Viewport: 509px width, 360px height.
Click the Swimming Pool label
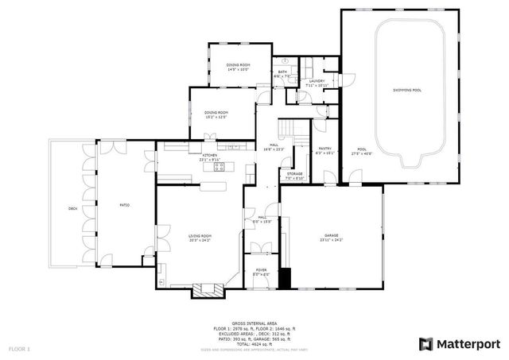[406, 91]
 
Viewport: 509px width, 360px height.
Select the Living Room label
[200, 236]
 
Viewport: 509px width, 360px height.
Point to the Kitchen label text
[210, 156]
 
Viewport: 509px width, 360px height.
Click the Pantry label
[325, 149]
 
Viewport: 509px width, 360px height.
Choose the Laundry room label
[316, 81]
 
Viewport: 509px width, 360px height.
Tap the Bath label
[282, 73]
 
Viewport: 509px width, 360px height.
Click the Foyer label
[260, 273]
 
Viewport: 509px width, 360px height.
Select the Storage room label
[295, 173]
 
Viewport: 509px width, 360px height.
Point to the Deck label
[72, 208]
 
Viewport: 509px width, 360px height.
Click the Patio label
[125, 205]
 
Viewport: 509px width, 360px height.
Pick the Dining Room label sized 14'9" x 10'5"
[237, 66]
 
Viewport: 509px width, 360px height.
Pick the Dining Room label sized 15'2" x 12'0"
[216, 114]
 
